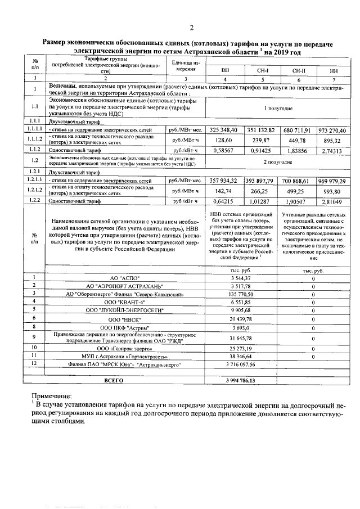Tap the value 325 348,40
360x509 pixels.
(223, 130)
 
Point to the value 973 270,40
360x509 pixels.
(331, 130)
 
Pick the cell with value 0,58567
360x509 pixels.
(223, 151)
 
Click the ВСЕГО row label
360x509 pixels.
(113, 381)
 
